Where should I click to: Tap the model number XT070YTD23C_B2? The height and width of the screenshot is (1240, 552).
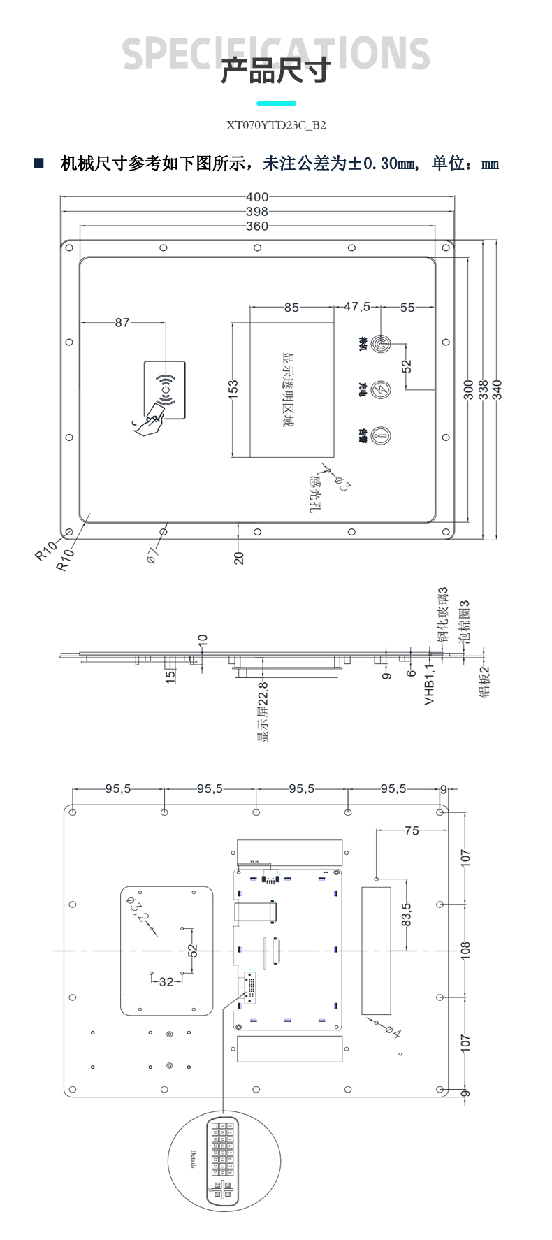pyautogui.click(x=276, y=126)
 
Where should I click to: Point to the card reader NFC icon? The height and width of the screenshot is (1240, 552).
pyautogui.click(x=165, y=390)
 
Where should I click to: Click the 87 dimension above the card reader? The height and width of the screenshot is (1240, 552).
pyautogui.click(x=122, y=323)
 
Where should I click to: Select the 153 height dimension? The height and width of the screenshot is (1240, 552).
pyautogui.click(x=233, y=389)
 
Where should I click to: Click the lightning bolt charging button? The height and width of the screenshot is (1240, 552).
pyautogui.click(x=381, y=389)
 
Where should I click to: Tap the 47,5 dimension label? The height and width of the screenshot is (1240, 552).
pyautogui.click(x=357, y=308)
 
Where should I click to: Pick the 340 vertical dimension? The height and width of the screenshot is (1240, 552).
pyautogui.click(x=497, y=389)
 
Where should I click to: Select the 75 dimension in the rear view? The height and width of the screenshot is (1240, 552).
pyautogui.click(x=412, y=830)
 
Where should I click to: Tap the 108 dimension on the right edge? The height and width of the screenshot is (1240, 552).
pyautogui.click(x=466, y=949)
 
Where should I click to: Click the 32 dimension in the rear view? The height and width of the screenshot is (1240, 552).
pyautogui.click(x=166, y=982)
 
